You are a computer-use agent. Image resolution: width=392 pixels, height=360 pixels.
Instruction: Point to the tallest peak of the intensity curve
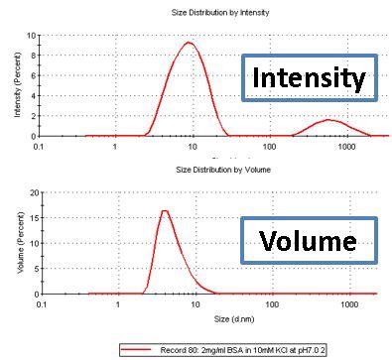coord(189,43)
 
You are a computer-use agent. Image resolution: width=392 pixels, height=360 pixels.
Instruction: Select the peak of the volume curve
coord(165,210)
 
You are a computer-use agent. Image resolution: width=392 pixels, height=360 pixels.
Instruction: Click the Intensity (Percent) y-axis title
coord(17,84)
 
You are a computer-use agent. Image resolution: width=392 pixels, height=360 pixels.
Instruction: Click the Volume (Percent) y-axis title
coord(17,243)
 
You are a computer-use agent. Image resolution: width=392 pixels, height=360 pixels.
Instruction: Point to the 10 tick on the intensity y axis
coord(31,35)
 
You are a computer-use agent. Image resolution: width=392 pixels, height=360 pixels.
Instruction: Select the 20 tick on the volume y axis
coord(31,192)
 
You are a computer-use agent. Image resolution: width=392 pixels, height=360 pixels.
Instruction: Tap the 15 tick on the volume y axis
coord(31,218)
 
